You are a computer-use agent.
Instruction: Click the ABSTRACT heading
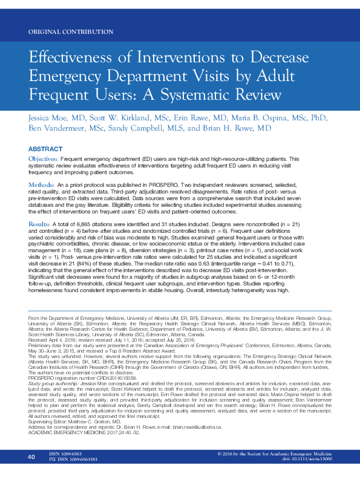45,149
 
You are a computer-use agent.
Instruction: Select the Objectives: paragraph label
43,158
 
